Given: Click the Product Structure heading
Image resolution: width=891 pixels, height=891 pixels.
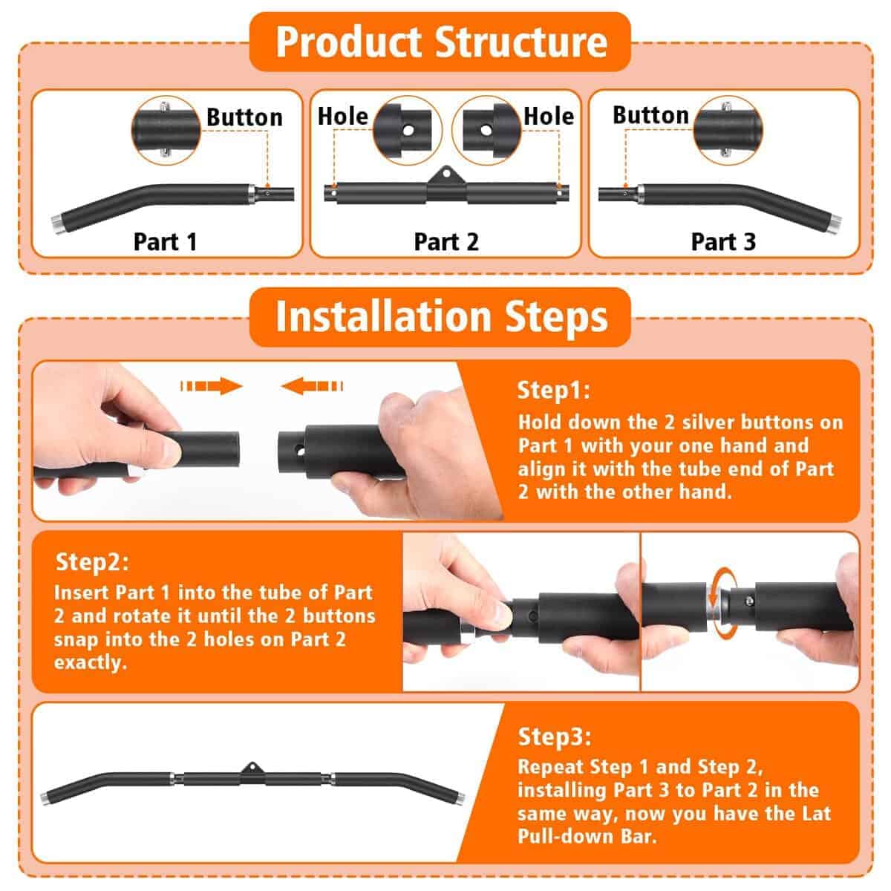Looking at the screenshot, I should pos(441,42).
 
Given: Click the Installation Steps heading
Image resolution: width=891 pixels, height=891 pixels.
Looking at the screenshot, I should pos(441,316).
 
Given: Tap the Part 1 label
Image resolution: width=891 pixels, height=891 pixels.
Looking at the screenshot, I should pos(165,241).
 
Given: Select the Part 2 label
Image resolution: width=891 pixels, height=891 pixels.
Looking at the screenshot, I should pos(446,241).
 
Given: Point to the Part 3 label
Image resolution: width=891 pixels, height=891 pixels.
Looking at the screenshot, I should pos(723,241).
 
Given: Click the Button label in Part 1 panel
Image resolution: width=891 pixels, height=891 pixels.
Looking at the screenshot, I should pos(244,117).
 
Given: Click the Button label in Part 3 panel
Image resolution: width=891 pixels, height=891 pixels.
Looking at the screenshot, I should pos(650,115).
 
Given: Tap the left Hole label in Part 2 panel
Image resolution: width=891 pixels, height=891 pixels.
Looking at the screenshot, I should pos(342,116).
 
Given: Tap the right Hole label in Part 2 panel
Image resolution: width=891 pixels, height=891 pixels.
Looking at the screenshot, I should pos(549,116).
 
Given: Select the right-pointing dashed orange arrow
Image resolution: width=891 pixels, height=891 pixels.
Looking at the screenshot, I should pos(212,386).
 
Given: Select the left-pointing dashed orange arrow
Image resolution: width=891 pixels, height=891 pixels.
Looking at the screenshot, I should pos(313,386).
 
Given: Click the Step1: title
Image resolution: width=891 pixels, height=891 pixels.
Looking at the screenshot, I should pos(553,391).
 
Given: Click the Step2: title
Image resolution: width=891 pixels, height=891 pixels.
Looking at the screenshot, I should pos(92,562).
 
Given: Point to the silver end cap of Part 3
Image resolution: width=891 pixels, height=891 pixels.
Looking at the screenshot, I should pos(832,222).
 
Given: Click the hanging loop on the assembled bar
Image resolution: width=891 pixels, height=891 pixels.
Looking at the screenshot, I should pos(251,766).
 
